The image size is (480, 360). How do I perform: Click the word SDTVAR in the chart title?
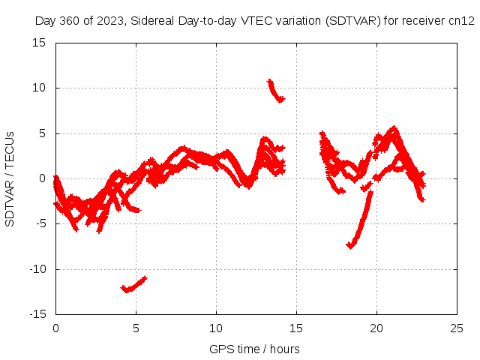[351, 22]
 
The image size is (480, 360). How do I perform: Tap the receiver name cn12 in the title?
[460, 22]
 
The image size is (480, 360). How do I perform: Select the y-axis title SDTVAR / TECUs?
[10, 178]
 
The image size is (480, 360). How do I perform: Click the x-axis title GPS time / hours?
[256, 349]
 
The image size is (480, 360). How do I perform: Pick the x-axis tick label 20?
[376, 328]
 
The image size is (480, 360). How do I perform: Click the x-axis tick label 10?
[216, 328]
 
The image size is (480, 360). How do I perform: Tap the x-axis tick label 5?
[136, 328]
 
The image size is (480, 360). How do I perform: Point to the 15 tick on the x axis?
[296, 328]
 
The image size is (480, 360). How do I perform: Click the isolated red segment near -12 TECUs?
[133, 285]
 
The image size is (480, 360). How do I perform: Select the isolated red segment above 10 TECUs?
[275, 91]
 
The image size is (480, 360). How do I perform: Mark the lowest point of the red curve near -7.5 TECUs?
[349, 246]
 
